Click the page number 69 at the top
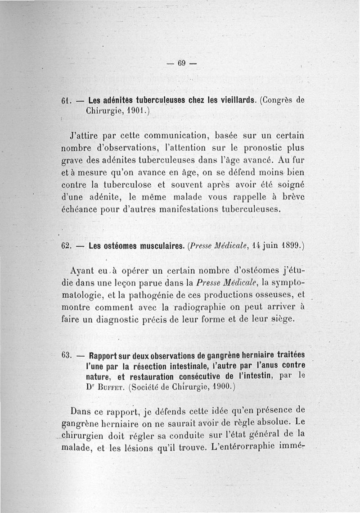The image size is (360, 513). click(x=181, y=63)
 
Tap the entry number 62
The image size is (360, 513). click(x=65, y=246)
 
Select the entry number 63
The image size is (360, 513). click(x=65, y=355)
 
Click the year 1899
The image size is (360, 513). click(x=288, y=246)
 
